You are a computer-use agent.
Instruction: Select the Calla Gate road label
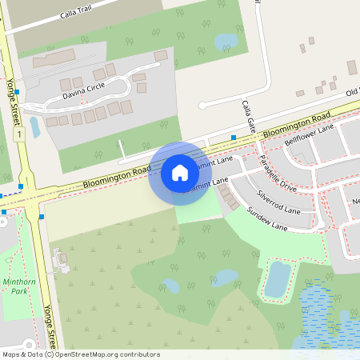(x=249, y=116)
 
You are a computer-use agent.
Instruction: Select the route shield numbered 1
(x=16, y=135)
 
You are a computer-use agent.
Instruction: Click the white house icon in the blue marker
(x=180, y=173)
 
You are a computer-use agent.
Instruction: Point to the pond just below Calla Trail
(x=226, y=41)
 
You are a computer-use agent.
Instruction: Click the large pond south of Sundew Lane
(x=277, y=279)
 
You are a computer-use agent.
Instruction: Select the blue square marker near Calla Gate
(x=234, y=138)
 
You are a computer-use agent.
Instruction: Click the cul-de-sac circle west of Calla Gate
(x=202, y=104)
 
